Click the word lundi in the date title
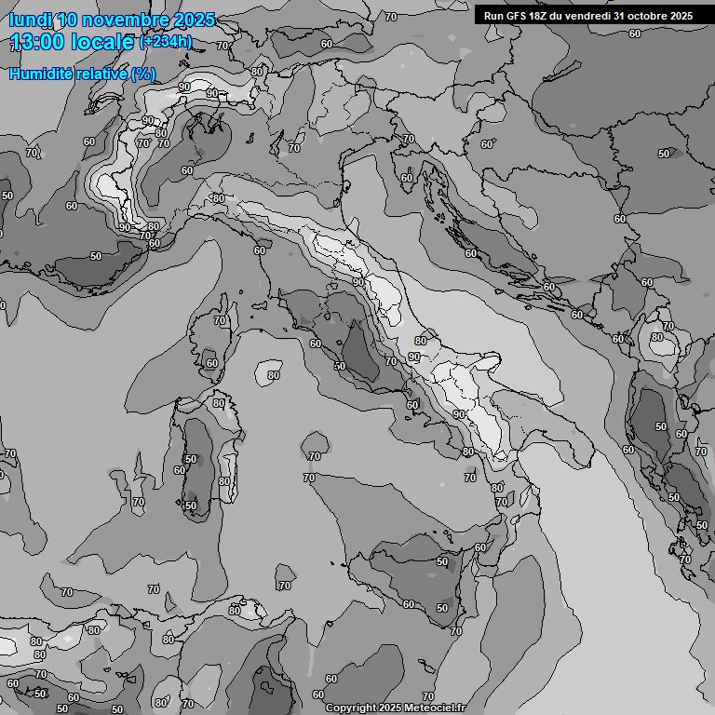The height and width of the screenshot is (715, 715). click(x=30, y=20)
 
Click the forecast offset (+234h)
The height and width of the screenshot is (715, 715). click(x=166, y=42)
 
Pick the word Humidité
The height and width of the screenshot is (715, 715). click(x=39, y=74)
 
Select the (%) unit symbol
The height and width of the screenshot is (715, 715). click(x=143, y=74)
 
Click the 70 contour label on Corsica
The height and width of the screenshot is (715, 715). click(x=220, y=320)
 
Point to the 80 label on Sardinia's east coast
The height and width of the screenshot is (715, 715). click(x=224, y=481)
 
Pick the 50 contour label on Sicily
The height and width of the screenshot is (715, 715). click(x=442, y=608)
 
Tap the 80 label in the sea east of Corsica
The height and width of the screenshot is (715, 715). click(x=273, y=375)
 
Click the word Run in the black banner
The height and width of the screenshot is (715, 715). click(x=493, y=16)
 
